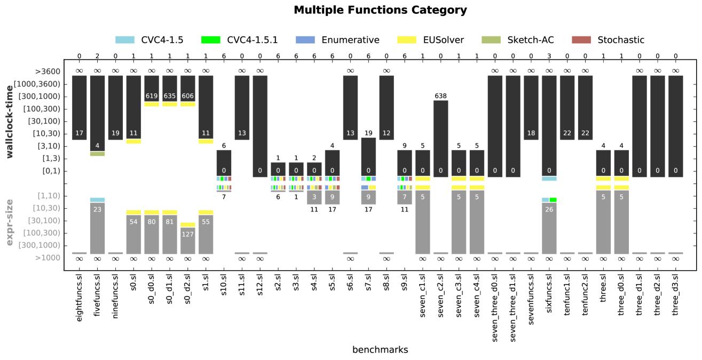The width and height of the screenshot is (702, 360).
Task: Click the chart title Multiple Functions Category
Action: [x=380, y=10]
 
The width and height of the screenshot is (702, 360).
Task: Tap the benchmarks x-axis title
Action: [x=380, y=350]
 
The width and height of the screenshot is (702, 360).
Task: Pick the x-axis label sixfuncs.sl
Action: [x=549, y=297]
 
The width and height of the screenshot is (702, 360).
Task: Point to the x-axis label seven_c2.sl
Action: [x=441, y=298]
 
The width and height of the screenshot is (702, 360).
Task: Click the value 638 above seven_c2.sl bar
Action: [x=441, y=96]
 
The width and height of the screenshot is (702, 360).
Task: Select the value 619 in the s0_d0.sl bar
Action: [x=152, y=97]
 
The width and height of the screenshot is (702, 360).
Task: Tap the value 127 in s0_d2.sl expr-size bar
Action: [x=188, y=233]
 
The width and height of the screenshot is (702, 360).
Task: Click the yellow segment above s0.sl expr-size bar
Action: [x=133, y=212]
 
